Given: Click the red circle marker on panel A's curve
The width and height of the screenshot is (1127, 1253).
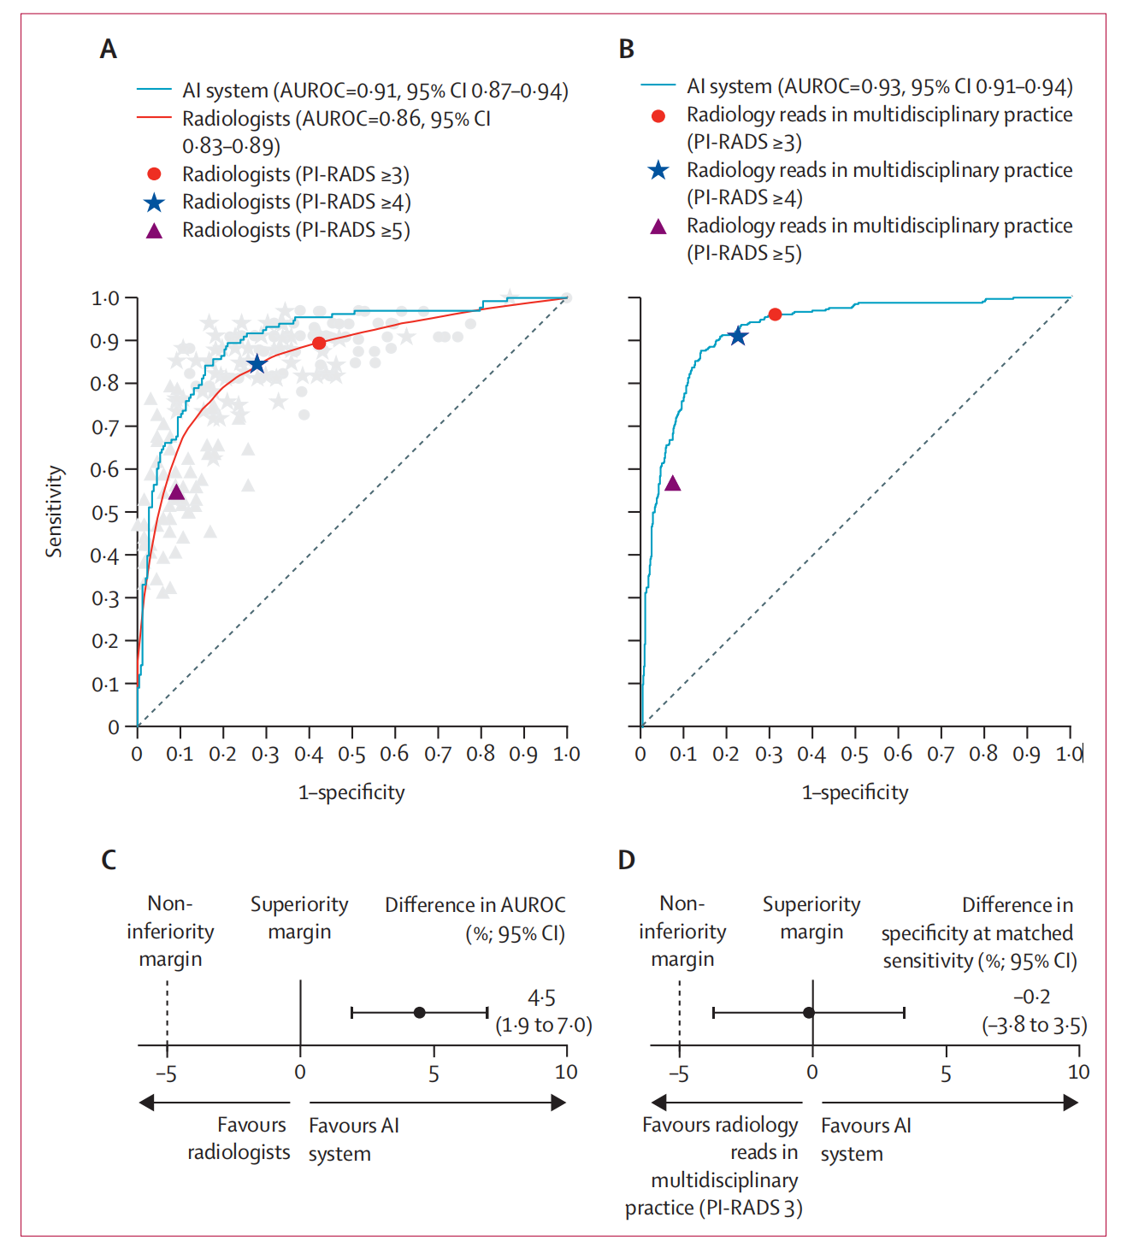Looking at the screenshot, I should coord(319,343).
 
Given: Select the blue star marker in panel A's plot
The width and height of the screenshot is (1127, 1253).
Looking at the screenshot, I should coord(257,365).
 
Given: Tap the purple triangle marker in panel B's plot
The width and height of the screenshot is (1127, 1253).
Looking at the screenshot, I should coord(673,484).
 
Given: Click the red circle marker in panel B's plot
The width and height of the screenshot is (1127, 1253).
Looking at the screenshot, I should coord(775,315).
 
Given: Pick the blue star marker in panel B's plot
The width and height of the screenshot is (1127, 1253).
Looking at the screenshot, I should coord(737,337).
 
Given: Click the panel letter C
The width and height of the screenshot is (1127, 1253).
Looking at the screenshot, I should coord(109,860).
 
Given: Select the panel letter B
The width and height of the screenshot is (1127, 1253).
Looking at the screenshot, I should coord(627,50).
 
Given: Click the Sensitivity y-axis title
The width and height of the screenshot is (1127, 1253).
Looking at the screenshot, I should coord(55,511).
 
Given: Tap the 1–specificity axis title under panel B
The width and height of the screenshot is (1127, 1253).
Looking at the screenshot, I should coord(854,792).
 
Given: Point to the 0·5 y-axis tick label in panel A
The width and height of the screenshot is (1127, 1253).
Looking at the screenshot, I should coord(105,513).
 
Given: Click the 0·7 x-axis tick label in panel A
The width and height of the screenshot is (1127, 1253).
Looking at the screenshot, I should coord(438,754).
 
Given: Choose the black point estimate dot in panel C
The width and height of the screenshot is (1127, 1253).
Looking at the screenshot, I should coord(419,1013).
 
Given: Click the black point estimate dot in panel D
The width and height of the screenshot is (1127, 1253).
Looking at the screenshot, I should coord(808,1013).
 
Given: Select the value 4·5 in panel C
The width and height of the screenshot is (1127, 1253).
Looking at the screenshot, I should coord(541,997).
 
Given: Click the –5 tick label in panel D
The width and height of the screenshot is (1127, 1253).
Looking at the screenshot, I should coord(678,1073).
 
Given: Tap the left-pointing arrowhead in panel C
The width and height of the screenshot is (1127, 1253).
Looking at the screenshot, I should coord(147,1103).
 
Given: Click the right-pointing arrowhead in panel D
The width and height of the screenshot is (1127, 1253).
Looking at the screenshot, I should coord(1071,1103).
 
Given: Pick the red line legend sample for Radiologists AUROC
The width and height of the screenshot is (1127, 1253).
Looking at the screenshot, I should coord(154,118).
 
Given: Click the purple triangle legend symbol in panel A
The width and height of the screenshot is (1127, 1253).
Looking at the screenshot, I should coord(154,231).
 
